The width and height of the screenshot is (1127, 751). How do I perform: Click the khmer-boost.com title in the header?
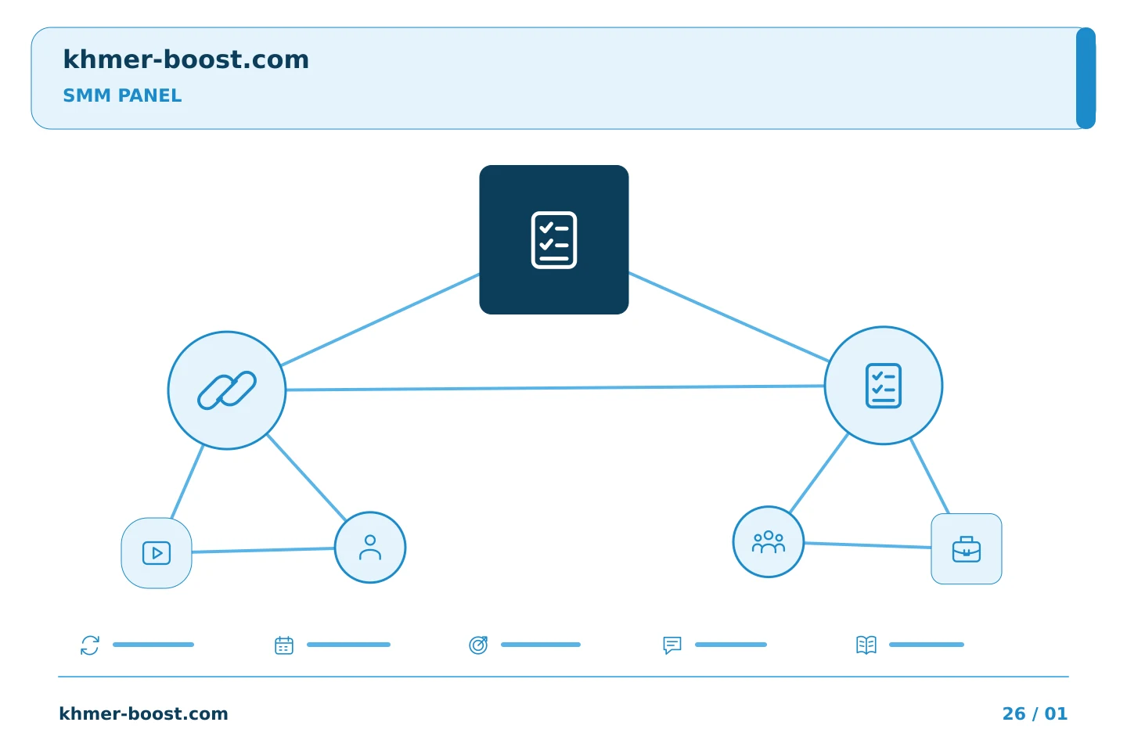tap(185, 60)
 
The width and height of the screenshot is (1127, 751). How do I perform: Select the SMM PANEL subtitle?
tap(122, 95)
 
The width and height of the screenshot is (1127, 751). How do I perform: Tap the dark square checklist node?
tap(554, 240)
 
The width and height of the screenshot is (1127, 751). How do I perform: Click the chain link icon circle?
tap(227, 390)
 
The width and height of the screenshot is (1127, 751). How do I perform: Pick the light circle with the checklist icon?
tap(884, 386)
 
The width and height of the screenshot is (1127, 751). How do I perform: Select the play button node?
tap(157, 553)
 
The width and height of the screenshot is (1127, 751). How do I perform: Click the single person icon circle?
tap(370, 548)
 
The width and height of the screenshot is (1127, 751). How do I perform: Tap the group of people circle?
tap(769, 542)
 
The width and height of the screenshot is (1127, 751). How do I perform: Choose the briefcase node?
tap(967, 549)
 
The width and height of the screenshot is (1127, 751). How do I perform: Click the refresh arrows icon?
tap(90, 645)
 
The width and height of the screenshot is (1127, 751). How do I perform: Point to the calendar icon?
tap(284, 645)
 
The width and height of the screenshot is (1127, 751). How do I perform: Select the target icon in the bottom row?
tap(478, 645)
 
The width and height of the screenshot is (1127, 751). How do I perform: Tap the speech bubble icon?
tap(672, 645)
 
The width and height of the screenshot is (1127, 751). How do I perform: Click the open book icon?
tap(866, 645)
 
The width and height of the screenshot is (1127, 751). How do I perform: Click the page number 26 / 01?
tap(1035, 713)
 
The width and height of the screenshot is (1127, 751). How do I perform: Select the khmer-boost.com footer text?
tap(143, 713)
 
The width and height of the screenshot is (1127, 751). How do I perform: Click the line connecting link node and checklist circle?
tap(555, 388)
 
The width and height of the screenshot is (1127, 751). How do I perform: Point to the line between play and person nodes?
tap(263, 550)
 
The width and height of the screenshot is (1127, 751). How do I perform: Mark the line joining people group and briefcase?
tap(867, 545)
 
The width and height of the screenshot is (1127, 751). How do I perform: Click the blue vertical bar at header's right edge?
tap(1086, 78)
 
